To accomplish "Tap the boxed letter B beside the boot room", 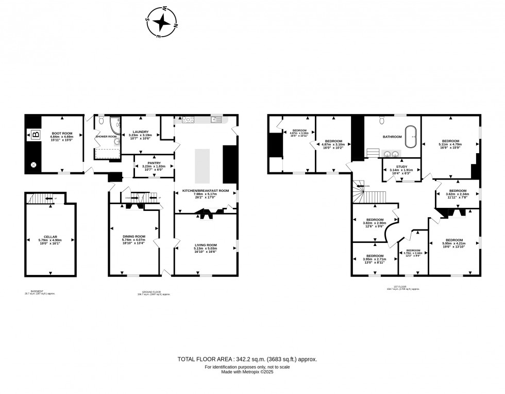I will pos(35,136).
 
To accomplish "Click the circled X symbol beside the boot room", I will pos(34,165).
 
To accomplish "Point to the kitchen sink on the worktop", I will pos(216,120).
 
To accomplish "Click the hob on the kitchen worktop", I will pos(188,120).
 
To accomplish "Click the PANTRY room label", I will pos(154,162).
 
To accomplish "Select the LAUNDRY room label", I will pos(141,132).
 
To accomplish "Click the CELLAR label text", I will pos(50,237).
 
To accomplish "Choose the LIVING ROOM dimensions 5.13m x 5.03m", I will pos(206,249).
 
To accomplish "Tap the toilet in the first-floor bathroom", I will pos(381,120).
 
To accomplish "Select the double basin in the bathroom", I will pos(391,153).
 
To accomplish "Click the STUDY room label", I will pos(401,167).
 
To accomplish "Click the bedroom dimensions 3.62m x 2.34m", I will pos(458,194).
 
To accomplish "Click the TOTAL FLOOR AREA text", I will pos(247,359).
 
